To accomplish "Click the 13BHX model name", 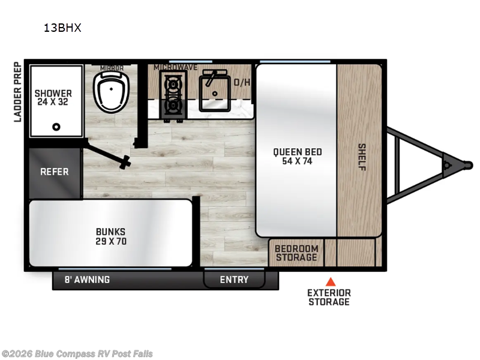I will [62, 27].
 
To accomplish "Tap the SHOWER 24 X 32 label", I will [53, 98].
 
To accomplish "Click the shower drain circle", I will [56, 127].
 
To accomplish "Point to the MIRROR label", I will [112, 68].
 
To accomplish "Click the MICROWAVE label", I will [175, 67].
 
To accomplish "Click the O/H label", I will [242, 82].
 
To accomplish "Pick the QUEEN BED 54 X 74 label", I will [294, 156].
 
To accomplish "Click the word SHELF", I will [361, 156].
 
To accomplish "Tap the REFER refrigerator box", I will [54, 172].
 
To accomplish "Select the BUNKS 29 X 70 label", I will [111, 236].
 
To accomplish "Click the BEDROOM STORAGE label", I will [296, 253].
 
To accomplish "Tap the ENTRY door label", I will [234, 280].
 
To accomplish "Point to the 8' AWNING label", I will [87, 280].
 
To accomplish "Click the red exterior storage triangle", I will [329, 281].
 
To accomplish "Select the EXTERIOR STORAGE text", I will [329, 297].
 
